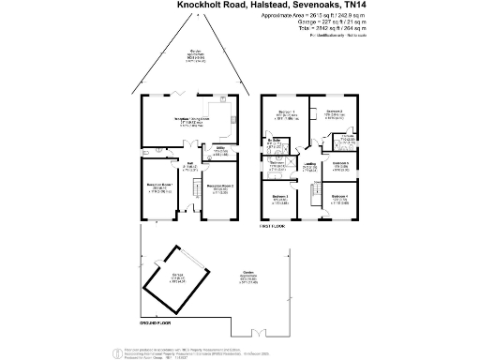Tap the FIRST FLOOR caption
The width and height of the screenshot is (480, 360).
pyautogui.click(x=272, y=227)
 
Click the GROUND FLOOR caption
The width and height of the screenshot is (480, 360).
pyautogui.click(x=154, y=321)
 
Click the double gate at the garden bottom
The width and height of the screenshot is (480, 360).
pyautogui.click(x=254, y=332)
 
